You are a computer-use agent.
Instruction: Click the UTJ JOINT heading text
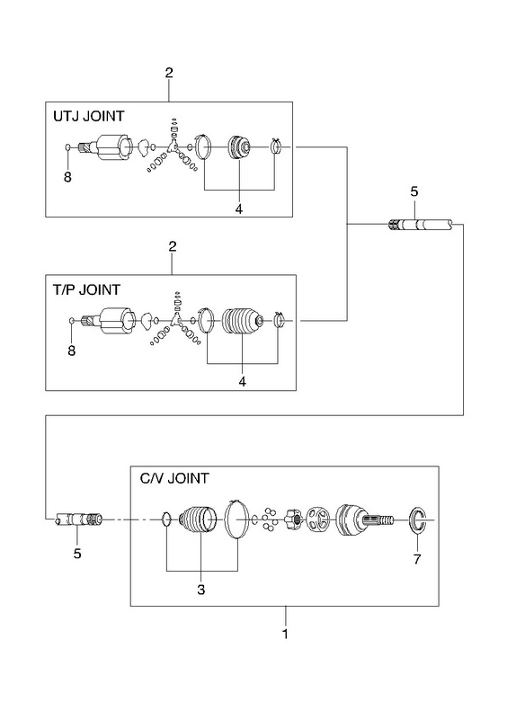coord(88,116)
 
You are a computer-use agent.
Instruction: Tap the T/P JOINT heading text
coord(86,289)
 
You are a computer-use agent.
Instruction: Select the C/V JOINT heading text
coord(173,478)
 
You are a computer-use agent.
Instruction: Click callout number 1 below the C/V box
coord(285,635)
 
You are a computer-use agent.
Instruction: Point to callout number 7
coord(417,559)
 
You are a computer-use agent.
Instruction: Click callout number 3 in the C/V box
coord(200,590)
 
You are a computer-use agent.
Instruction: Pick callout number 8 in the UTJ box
coord(67,177)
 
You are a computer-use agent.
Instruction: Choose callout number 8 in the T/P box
coord(71,351)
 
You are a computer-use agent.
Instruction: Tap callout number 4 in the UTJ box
coord(238,209)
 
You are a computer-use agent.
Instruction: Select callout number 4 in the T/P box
coord(242,381)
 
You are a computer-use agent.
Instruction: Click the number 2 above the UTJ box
coord(169,73)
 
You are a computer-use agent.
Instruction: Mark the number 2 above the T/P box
coord(173,246)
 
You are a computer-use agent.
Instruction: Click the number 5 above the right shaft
coord(414,191)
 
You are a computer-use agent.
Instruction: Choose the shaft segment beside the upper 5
coord(421,225)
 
